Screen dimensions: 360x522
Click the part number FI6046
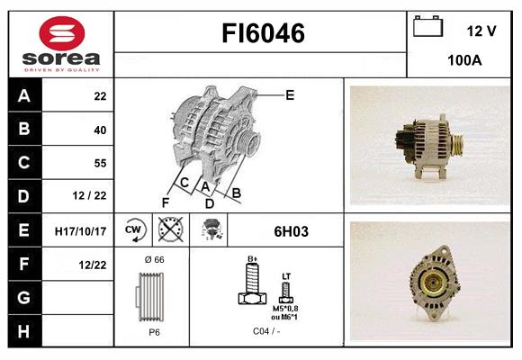coord(263,34)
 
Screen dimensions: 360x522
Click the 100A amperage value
coord(464,61)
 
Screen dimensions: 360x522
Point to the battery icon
coord(427,27)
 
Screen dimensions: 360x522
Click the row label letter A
coord(23,95)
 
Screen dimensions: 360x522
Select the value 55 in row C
coord(99,163)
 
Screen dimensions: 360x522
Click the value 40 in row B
coord(99,130)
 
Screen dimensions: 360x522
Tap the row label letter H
coord(23,330)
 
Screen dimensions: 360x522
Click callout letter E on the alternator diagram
coord(290,94)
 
